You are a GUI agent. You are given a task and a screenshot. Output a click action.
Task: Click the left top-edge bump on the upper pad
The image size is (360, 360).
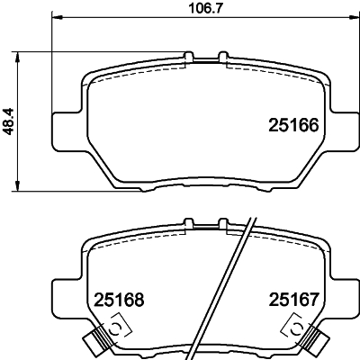click(x=189, y=58)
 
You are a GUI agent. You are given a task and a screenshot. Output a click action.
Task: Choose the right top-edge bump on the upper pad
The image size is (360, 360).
click(x=221, y=58)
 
